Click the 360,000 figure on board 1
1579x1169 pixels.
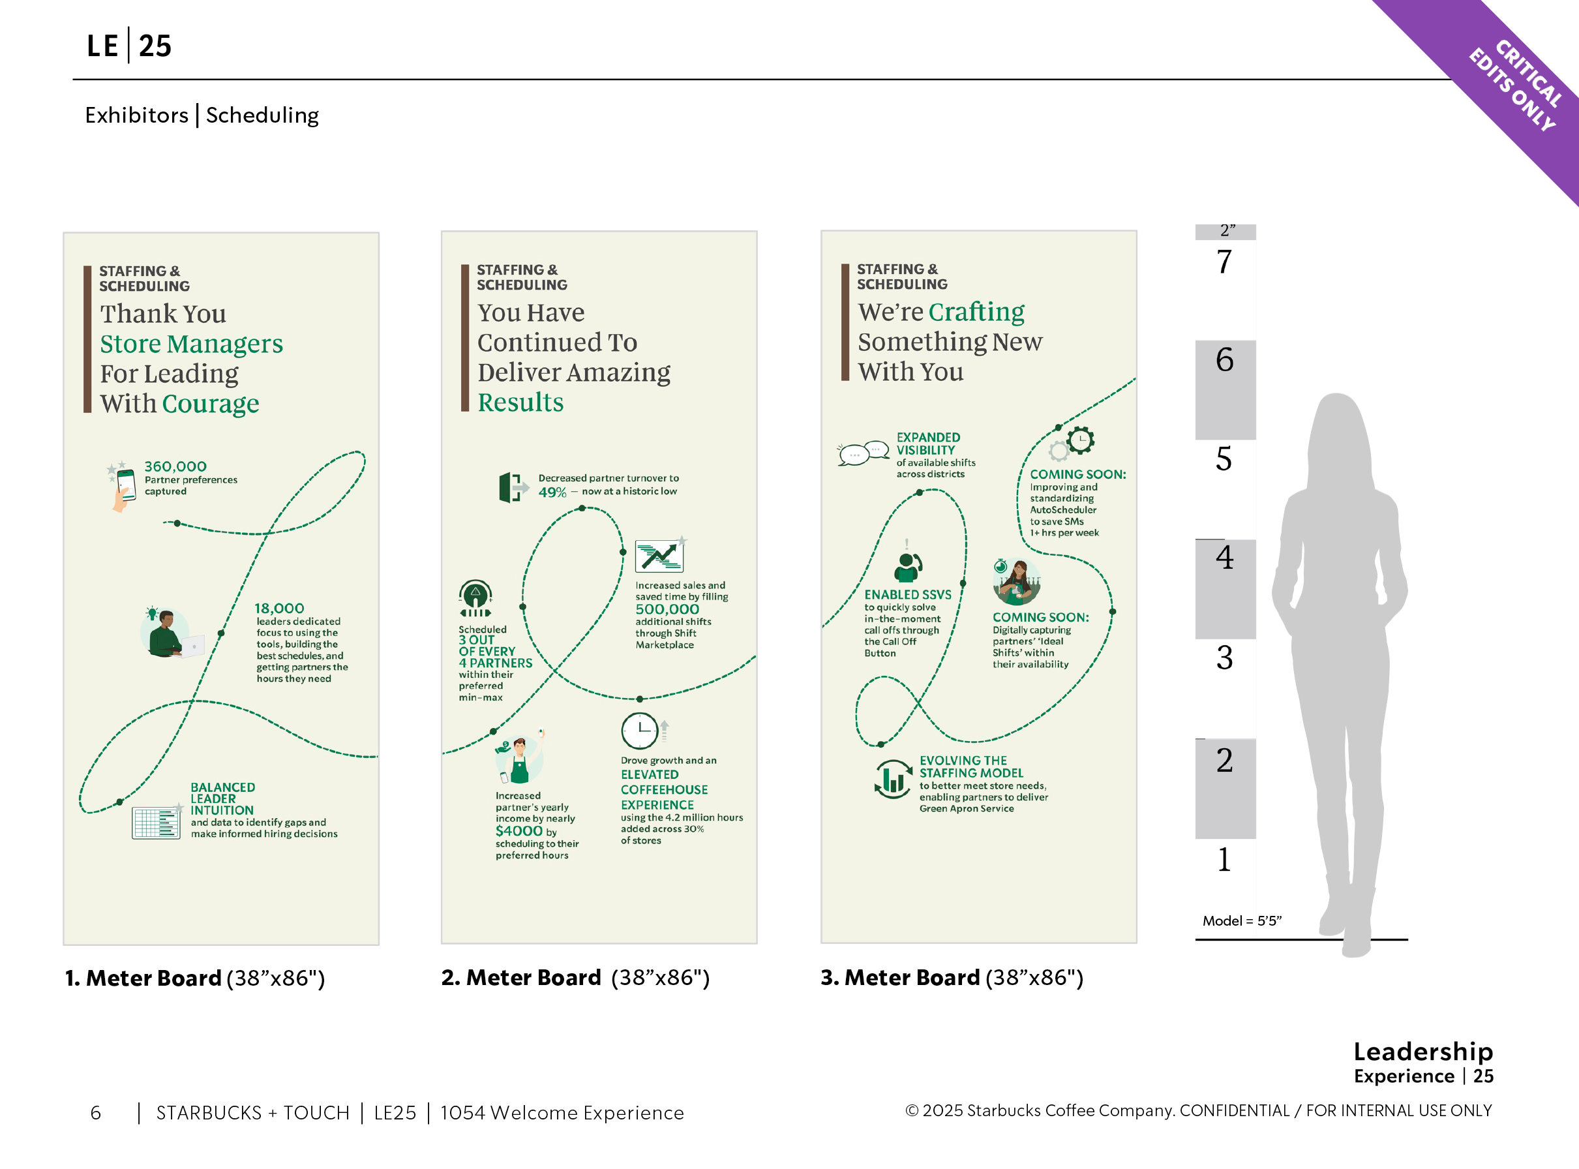[175, 466]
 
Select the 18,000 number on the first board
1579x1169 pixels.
[279, 609]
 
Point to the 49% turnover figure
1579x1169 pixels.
[552, 493]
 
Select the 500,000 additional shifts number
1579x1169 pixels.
[667, 609]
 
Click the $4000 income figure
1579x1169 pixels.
[519, 830]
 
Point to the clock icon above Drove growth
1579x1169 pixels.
[640, 730]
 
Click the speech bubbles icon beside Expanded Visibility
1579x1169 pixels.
[863, 453]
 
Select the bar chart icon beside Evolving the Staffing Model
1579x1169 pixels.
[894, 779]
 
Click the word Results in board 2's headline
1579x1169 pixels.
[520, 402]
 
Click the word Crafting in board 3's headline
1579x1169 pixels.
[976, 312]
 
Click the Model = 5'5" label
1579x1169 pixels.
[1242, 920]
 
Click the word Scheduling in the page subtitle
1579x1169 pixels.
[262, 115]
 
